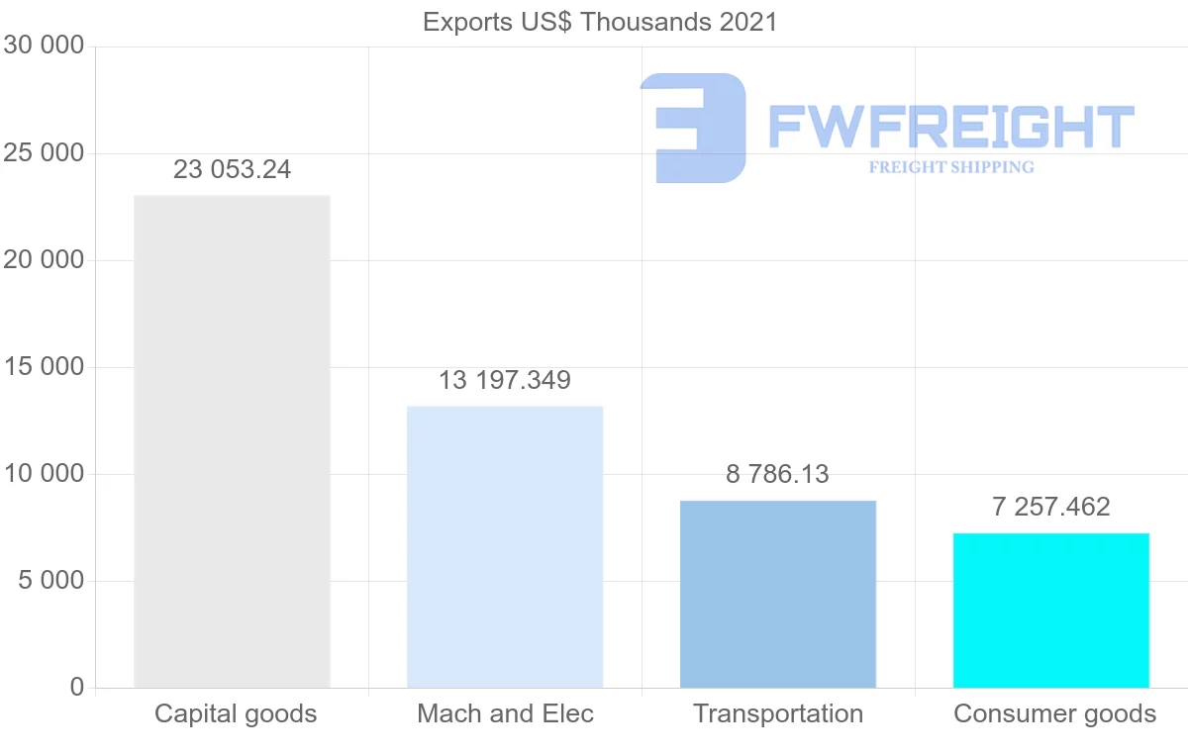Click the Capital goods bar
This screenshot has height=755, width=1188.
coord(232,441)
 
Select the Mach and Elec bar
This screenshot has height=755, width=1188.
coord(505,546)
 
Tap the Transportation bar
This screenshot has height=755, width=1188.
coord(778,594)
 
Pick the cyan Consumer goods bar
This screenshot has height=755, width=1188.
coord(1051,610)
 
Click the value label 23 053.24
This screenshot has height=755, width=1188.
coord(233,169)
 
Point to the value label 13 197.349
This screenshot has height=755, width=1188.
coord(505,380)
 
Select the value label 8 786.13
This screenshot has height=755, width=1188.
coord(778,474)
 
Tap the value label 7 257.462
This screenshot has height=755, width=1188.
coord(1051,507)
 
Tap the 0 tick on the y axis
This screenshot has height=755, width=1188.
coord(77,687)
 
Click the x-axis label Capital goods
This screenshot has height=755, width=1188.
coord(236,713)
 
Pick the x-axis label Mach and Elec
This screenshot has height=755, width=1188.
coord(505,713)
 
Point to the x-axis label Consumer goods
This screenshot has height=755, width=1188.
coord(1054,713)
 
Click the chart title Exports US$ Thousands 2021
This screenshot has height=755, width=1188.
coord(600,22)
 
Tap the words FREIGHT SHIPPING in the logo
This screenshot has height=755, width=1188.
coord(951,167)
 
